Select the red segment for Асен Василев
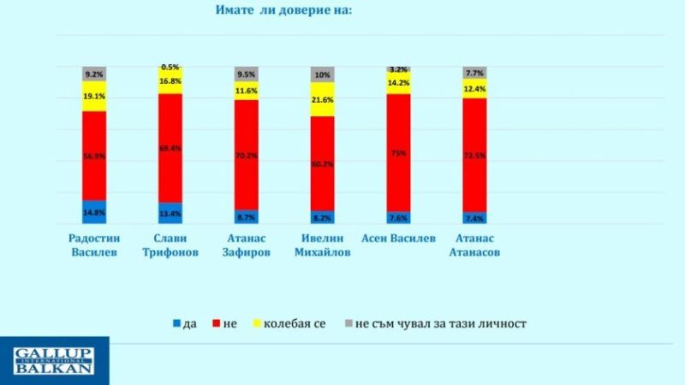pyautogui.click(x=398, y=152)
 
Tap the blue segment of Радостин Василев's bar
pyautogui.click(x=94, y=212)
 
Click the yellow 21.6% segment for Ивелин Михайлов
pyautogui.click(x=322, y=99)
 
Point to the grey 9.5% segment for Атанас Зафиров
pyautogui.click(x=247, y=74)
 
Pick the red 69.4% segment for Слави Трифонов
pyautogui.click(x=170, y=148)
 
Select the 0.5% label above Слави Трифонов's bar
pyautogui.click(x=170, y=67)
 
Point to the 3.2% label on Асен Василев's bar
pyautogui.click(x=397, y=68)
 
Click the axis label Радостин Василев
pyautogui.click(x=93, y=245)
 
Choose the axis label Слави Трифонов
pyautogui.click(x=170, y=245)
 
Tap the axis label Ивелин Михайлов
pyautogui.click(x=322, y=245)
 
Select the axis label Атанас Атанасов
pyautogui.click(x=475, y=245)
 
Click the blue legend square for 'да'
pyautogui.click(x=177, y=323)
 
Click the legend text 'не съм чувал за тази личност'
pyautogui.click(x=440, y=323)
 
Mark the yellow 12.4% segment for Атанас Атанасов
pyautogui.click(x=474, y=88)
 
